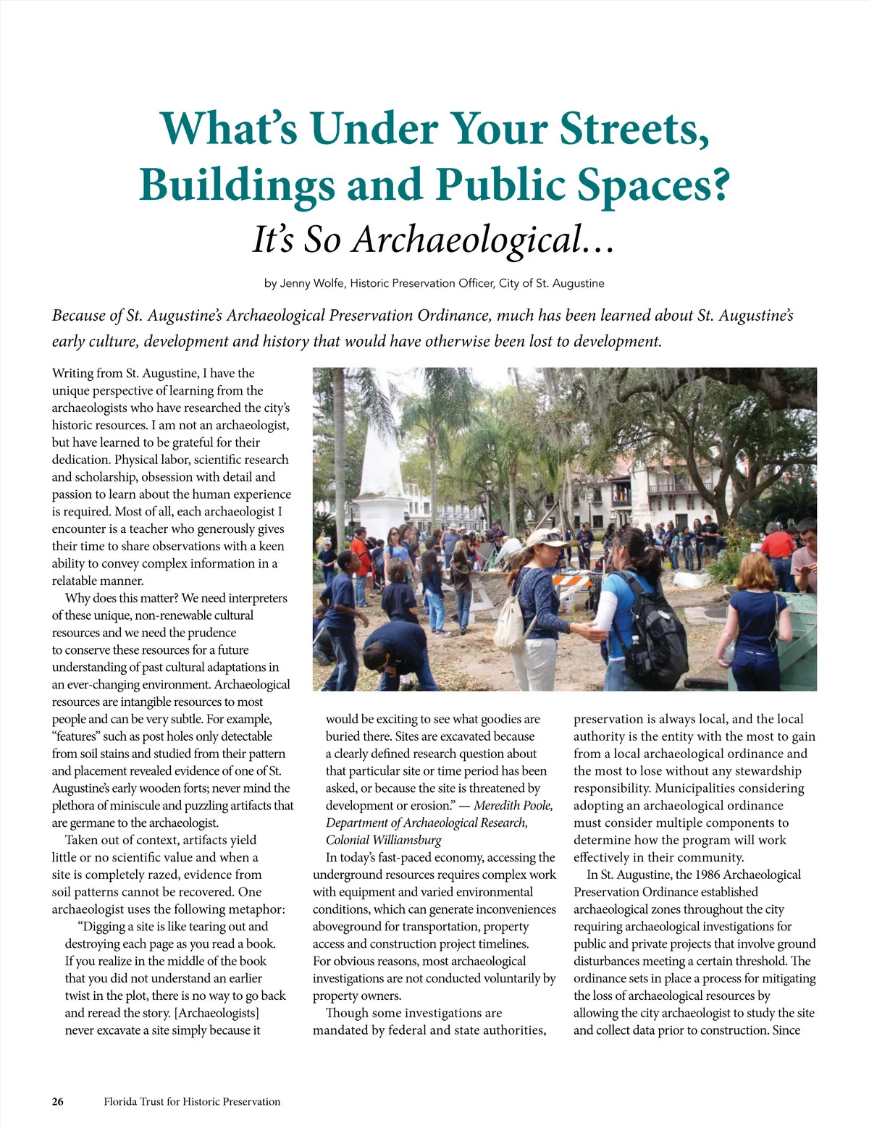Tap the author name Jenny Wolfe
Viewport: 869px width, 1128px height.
click(x=312, y=283)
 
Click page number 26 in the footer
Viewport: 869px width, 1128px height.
click(x=58, y=1101)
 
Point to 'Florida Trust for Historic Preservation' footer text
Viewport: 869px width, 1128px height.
click(x=192, y=1101)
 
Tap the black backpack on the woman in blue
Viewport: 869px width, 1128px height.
click(x=652, y=623)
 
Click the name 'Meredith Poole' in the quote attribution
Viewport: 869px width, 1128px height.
click(x=513, y=806)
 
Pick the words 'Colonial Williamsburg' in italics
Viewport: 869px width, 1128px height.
click(x=383, y=840)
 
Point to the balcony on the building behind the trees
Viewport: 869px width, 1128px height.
click(x=673, y=488)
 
